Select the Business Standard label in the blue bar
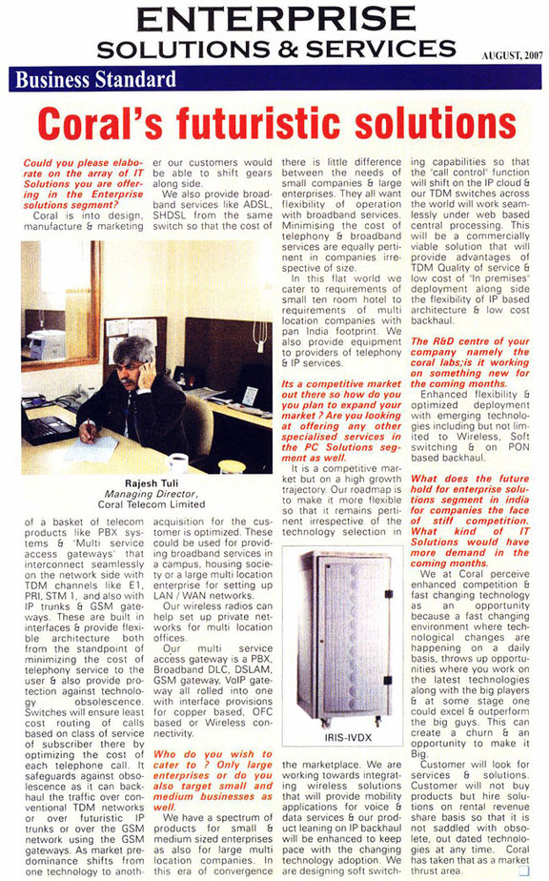(95, 79)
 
